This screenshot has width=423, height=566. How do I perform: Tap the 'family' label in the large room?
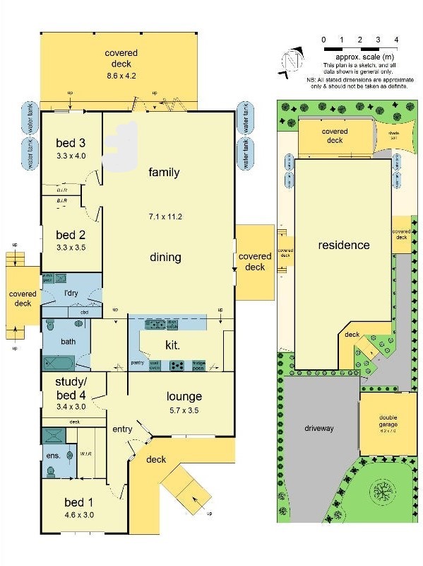coord(164,173)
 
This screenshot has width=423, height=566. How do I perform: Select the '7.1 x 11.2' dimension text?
coord(165,216)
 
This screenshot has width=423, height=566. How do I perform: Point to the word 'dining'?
coord(165,258)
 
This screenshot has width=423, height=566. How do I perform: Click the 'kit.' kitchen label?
coord(172,345)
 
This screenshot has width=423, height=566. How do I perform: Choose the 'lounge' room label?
coord(184,396)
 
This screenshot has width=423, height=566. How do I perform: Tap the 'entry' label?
coord(122,429)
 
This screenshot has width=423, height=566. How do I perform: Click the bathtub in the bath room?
coord(58,363)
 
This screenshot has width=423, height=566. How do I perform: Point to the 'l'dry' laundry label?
coord(71,294)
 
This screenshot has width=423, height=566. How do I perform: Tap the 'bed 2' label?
coord(71,235)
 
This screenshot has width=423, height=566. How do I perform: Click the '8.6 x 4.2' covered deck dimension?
coord(121,75)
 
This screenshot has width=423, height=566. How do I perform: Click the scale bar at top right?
coord(360,49)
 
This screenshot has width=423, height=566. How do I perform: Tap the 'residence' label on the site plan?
coord(344,246)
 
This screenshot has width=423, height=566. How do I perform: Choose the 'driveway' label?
coord(318,429)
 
